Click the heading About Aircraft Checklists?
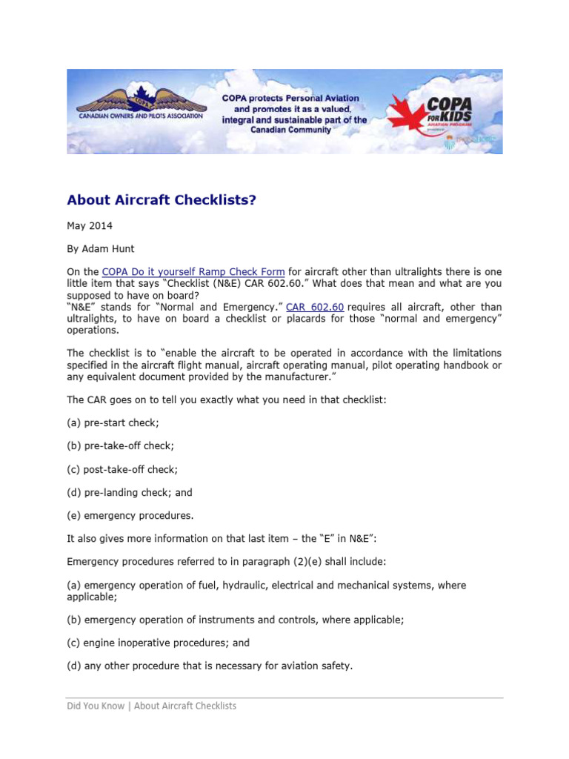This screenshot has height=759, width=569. point(161,200)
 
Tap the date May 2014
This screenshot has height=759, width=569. point(90,225)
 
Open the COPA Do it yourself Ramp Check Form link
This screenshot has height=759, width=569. point(193,272)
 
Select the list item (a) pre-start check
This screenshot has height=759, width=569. point(113,422)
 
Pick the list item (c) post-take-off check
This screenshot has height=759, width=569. point(122,469)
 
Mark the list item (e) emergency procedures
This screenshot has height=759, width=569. point(130,515)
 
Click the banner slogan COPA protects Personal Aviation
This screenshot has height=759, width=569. point(291,98)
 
